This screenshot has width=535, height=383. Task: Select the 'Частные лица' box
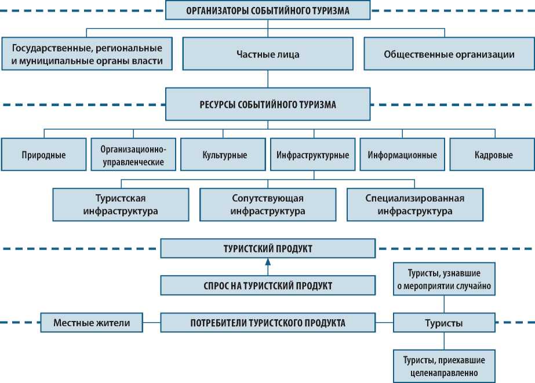click(x=267, y=54)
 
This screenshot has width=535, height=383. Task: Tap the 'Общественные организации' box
click(x=449, y=54)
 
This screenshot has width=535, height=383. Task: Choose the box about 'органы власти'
click(x=87, y=54)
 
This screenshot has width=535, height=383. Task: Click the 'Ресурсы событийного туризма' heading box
click(x=267, y=105)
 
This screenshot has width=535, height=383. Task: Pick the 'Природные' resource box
click(x=43, y=155)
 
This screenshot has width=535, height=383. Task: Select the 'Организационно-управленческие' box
click(x=133, y=155)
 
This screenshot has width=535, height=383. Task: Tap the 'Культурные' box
click(x=224, y=155)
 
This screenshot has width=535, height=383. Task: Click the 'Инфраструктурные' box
click(x=312, y=155)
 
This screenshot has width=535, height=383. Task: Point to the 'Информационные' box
click(x=402, y=155)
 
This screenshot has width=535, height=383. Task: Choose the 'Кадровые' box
click(x=490, y=155)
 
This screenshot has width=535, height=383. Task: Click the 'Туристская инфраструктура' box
click(x=121, y=205)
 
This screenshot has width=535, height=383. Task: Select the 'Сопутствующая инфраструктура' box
click(x=267, y=205)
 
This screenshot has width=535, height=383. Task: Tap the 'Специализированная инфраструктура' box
click(x=414, y=205)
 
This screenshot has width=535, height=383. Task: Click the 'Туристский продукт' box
click(x=267, y=249)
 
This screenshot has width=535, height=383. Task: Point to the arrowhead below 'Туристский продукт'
click(x=267, y=263)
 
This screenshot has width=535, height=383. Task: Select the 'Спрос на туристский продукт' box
click(x=267, y=285)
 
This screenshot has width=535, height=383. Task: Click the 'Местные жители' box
click(x=92, y=322)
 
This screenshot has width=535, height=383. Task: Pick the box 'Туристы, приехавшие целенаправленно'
click(x=444, y=365)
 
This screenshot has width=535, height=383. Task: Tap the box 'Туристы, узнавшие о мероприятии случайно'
click(x=444, y=279)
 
